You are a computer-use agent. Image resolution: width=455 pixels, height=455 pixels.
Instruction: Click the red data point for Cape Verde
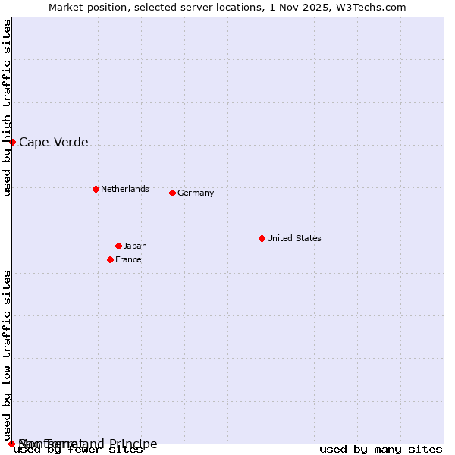point(12,142)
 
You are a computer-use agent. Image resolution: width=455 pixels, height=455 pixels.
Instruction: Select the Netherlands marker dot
point(96,189)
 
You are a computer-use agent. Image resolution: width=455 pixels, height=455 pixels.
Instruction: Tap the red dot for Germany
point(172,193)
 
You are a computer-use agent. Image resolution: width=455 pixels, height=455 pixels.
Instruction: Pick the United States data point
point(262,238)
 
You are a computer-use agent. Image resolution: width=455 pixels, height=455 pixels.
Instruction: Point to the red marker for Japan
point(118,246)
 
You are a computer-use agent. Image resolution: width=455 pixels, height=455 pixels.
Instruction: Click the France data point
point(110,259)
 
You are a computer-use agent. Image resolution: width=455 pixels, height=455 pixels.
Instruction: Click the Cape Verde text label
point(53,142)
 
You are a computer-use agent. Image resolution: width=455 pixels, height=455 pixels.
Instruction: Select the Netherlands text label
point(125,189)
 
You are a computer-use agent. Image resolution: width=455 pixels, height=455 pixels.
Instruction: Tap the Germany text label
point(196,193)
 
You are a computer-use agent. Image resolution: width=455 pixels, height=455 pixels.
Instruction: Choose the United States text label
point(294,238)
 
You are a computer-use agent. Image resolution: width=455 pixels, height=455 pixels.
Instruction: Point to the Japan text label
point(135,246)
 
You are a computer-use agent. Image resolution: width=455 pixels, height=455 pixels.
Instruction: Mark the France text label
point(128,259)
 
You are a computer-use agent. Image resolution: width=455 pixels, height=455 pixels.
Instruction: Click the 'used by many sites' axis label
point(381,450)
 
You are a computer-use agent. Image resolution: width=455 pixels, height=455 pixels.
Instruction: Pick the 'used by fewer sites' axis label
point(79,450)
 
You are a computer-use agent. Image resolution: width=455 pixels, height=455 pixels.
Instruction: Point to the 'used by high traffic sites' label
point(8,108)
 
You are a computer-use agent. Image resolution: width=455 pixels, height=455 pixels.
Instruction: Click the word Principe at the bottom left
point(133,444)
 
